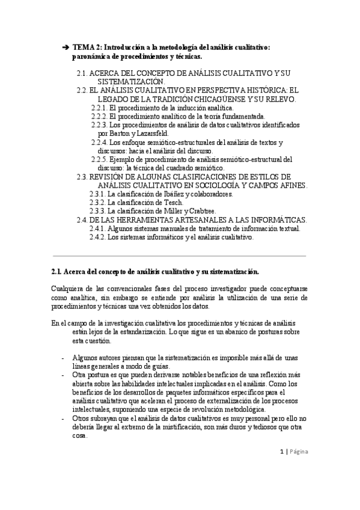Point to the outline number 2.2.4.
[x=99, y=142]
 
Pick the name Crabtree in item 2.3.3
[x=203, y=211]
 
